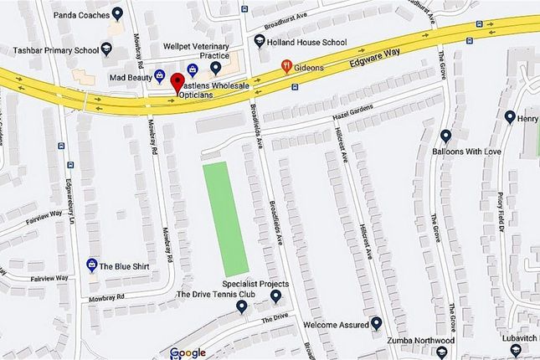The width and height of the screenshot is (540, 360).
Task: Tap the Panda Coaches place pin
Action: (x=117, y=14)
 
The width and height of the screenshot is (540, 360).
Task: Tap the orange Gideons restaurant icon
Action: (x=286, y=65)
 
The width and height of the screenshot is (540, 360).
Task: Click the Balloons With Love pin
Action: (x=445, y=136)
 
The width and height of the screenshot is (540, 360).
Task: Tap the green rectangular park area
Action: (x=226, y=214)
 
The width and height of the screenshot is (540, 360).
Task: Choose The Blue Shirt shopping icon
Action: (x=91, y=265)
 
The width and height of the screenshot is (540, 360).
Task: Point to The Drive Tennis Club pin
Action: (x=242, y=307)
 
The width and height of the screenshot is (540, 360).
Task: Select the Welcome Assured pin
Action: (x=377, y=323)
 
